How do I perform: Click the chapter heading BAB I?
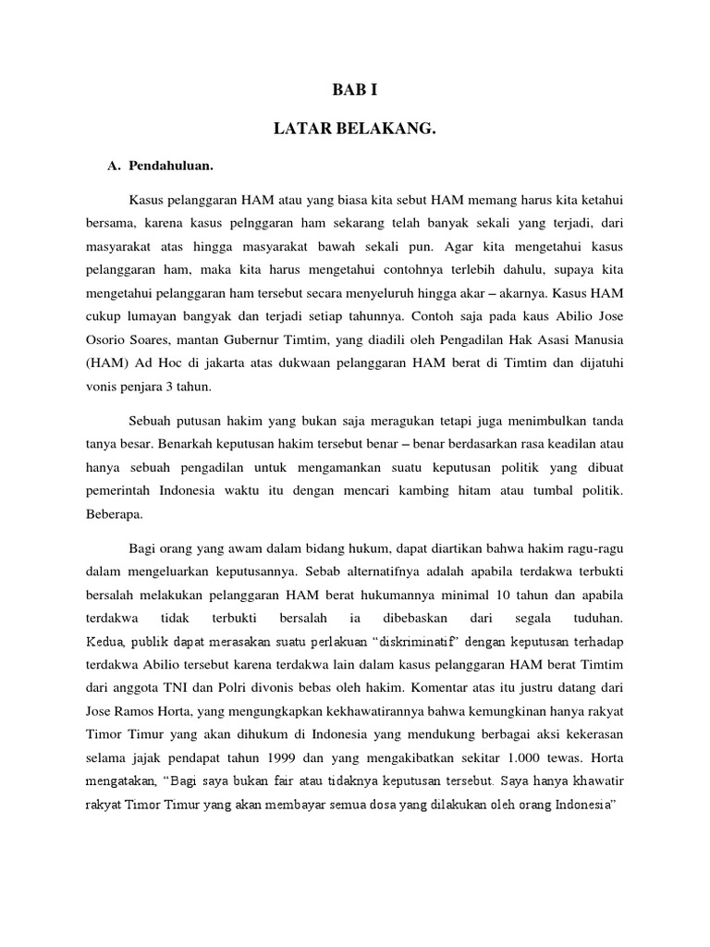(354, 91)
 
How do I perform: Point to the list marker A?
(116, 166)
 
